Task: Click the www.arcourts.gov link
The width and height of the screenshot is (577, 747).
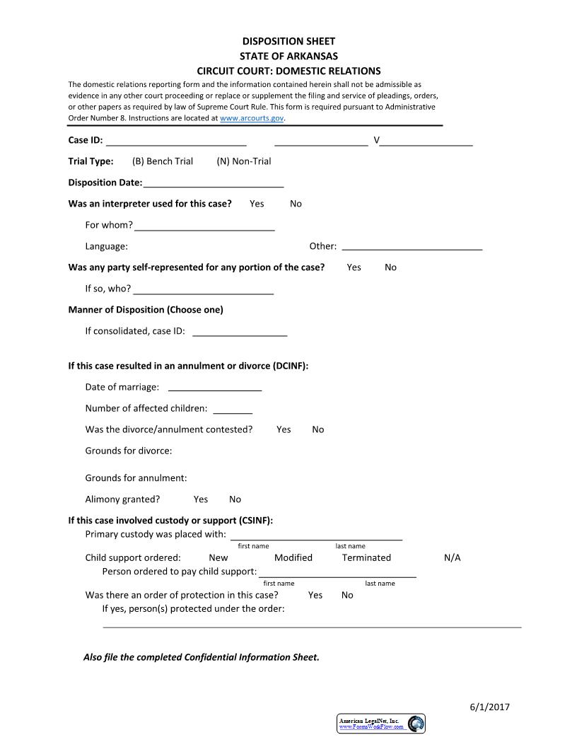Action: [252, 119]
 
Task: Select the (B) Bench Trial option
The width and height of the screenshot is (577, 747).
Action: [162, 161]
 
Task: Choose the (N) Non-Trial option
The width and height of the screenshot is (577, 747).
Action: [243, 161]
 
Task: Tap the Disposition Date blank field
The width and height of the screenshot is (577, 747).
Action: [213, 183]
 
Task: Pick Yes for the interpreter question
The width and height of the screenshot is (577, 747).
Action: [257, 204]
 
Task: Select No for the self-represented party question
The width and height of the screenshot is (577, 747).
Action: [390, 267]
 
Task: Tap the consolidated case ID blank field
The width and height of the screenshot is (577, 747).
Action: [240, 331]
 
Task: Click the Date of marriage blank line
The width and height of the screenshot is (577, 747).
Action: [215, 387]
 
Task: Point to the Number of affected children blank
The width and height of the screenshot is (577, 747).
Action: [233, 408]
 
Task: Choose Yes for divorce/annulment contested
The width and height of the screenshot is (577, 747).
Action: [284, 429]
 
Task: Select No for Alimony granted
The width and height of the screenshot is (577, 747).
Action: [235, 499]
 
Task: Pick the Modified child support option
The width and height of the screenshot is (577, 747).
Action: [293, 557]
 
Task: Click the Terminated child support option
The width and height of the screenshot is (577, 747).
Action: [366, 557]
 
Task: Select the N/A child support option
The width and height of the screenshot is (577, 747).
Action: [452, 557]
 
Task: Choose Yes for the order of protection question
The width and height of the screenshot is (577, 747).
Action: [315, 595]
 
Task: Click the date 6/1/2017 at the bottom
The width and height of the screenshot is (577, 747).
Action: [489, 707]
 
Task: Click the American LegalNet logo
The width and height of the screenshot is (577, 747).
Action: [381, 723]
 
